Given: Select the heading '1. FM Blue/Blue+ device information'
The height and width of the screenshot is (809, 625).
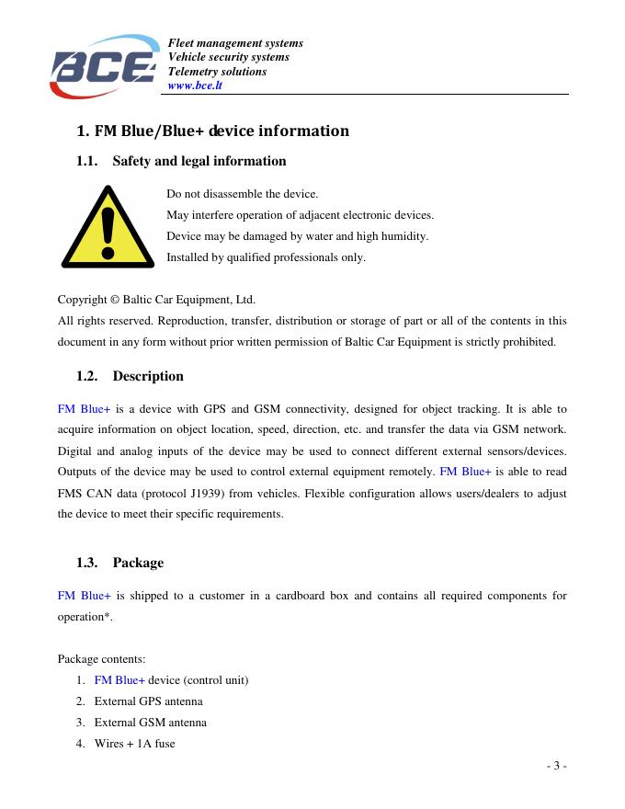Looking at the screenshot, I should coord(212,131).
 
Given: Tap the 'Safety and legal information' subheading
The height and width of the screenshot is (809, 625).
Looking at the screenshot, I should coord(199,161).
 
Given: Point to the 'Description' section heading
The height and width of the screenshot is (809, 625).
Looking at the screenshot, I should coord(147,376).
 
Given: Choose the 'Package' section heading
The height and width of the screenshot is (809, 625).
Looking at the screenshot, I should coord(138,563).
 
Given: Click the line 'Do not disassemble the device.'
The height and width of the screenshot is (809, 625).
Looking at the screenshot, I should coord(242,194).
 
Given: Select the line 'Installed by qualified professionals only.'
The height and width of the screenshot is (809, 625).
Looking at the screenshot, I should coord(266,257).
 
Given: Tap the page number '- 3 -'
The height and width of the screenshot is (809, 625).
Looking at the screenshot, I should coord(556,766).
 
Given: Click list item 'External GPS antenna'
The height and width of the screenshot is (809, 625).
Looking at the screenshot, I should coord(148,701).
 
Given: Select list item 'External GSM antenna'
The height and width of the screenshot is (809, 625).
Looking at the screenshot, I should coord(150,723).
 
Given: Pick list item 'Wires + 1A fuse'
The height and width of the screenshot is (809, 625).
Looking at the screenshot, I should coord(134,744).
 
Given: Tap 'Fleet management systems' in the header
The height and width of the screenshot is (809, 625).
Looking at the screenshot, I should coord(235,43).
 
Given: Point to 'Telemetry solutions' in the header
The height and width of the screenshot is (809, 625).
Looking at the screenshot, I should coord(217,72).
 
